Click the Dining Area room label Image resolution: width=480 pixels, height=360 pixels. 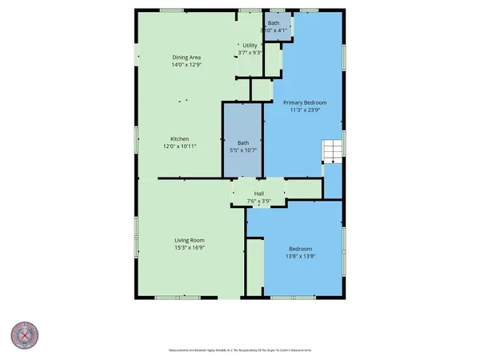coord(186,58)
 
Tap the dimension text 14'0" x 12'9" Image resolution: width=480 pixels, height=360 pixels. coord(186,66)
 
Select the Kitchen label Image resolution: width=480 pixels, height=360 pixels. coord(178,139)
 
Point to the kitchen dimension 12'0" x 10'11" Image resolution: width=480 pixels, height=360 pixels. coord(178,147)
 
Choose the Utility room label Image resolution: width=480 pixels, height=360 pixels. coord(250,46)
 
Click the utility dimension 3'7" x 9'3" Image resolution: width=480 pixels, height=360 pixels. coord(250,54)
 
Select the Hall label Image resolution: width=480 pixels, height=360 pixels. coord(259,193)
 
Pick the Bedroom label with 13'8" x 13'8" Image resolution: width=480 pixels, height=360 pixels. coord(300,248)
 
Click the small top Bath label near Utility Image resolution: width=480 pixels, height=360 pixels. coord(274,23)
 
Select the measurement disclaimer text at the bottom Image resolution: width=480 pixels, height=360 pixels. coord(239,350)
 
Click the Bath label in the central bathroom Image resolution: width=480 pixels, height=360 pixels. coord(242,142)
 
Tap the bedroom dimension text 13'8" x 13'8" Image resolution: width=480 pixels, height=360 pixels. coord(300,256)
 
